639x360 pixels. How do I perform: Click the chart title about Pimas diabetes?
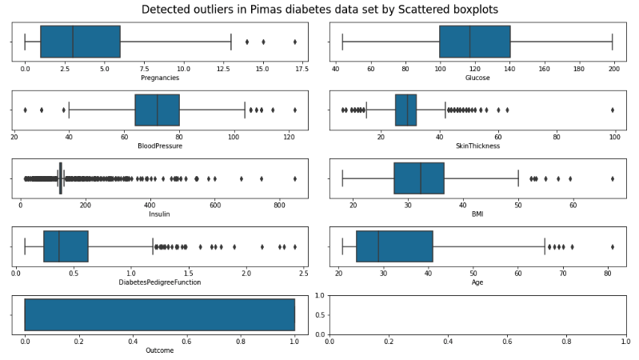[319, 10]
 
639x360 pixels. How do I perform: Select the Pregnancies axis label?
[159, 78]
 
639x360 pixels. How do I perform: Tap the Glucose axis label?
[478, 78]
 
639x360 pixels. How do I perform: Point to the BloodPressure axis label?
[159, 146]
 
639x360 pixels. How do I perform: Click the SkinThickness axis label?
[478, 146]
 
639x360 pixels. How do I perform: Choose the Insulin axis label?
[159, 214]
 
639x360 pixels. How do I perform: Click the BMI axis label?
[478, 214]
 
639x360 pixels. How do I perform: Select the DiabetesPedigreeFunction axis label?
[159, 282]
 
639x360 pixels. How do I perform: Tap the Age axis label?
[478, 282]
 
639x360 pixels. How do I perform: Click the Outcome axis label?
[159, 350]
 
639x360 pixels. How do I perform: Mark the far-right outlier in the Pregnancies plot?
[295, 42]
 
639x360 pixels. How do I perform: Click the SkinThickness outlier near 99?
[613, 110]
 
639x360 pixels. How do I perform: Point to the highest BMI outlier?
[613, 178]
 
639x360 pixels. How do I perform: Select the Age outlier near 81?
[613, 246]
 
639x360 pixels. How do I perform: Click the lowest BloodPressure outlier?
[26, 110]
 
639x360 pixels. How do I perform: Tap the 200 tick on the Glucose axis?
[613, 69]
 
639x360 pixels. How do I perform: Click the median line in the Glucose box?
[469, 42]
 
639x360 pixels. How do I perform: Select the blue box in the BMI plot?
[418, 178]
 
